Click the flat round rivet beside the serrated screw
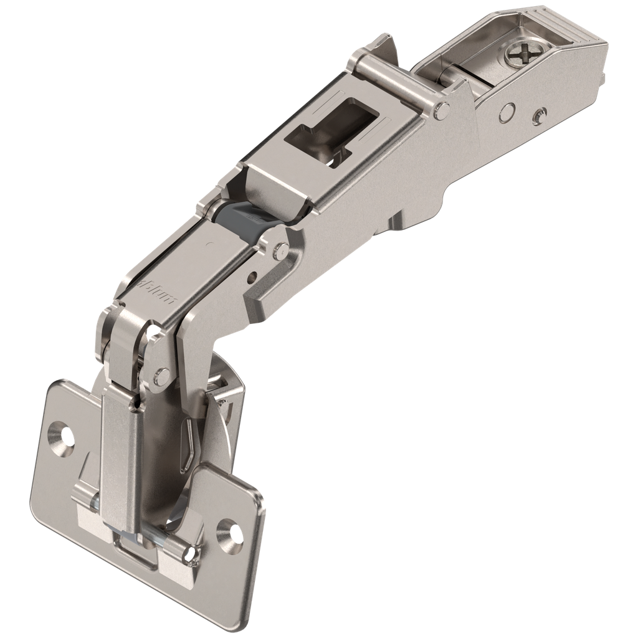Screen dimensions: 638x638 (x=508, y=112)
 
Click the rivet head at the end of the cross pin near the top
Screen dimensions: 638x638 (x=443, y=110)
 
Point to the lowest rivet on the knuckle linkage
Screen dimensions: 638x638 (x=161, y=375)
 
